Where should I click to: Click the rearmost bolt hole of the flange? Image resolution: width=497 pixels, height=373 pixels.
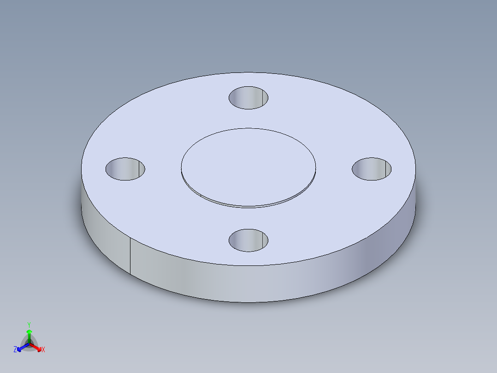click(x=248, y=98)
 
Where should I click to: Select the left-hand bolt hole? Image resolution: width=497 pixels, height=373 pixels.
click(x=125, y=169)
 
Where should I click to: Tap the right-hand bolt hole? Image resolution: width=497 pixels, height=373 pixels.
click(x=372, y=169)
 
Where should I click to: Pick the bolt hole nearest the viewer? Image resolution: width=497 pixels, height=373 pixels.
click(x=248, y=240)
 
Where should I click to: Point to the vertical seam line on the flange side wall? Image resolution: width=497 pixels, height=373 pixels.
click(x=130, y=256)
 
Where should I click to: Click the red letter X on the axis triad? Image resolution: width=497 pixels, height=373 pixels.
click(x=43, y=350)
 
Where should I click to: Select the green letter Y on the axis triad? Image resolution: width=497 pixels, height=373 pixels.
click(x=29, y=325)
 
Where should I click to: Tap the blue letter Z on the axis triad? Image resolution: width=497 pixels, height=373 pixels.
click(x=15, y=350)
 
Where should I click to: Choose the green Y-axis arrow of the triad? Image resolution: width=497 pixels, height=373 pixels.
click(x=29, y=333)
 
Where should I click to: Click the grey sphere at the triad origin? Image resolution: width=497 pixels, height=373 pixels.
click(x=29, y=343)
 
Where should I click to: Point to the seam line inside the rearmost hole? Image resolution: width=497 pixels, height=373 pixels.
click(x=263, y=97)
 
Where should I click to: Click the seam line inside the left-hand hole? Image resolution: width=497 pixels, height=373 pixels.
click(x=139, y=169)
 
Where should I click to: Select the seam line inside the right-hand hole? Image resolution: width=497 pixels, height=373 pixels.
click(x=386, y=169)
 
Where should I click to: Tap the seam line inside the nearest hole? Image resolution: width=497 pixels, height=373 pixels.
click(x=263, y=241)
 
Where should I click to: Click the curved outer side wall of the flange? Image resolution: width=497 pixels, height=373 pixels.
click(x=277, y=282)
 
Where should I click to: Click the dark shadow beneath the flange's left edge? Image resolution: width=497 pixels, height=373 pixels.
click(x=78, y=203)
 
